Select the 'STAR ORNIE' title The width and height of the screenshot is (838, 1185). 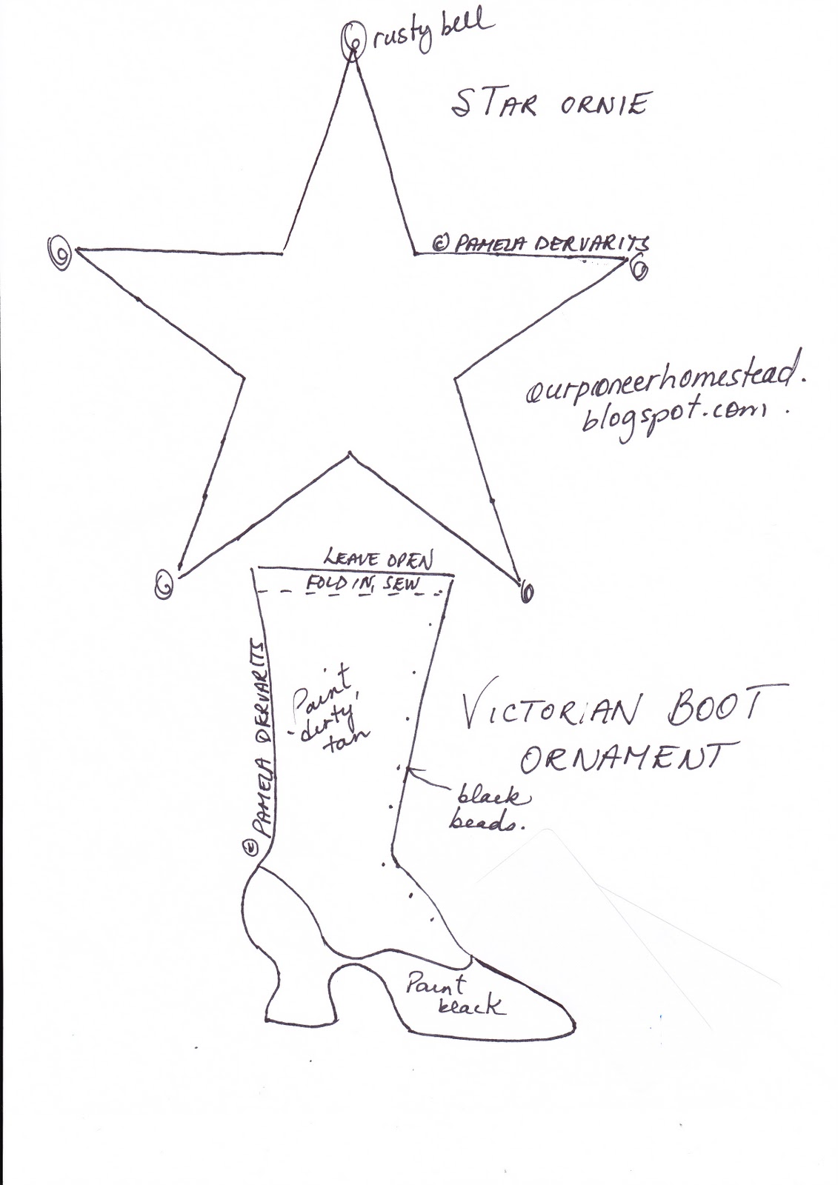click(549, 105)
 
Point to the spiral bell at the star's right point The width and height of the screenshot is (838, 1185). click(638, 267)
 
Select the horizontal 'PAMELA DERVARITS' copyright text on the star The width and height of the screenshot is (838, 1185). click(540, 243)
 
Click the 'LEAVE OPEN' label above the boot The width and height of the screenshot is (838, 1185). click(379, 556)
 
